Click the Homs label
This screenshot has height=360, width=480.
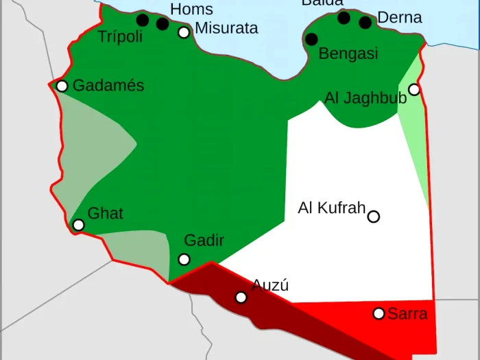[x=191, y=10]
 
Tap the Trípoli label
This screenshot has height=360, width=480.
[x=120, y=37]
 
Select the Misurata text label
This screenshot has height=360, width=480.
[x=226, y=28]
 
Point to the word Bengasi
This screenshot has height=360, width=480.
[x=348, y=53]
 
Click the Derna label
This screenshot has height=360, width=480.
[x=400, y=18]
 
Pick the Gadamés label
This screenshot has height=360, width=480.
[x=108, y=86]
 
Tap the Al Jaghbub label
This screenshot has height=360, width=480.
[x=365, y=98]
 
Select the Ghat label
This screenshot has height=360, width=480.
[x=106, y=213]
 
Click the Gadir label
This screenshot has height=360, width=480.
[x=204, y=241]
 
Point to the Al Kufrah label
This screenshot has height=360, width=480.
[x=331, y=208]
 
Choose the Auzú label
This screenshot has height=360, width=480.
[x=270, y=285]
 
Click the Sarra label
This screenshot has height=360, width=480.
[x=407, y=314]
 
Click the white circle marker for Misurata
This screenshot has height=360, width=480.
[x=184, y=32]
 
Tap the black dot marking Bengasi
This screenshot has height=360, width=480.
[x=311, y=39]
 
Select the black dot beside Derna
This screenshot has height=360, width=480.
[x=365, y=23]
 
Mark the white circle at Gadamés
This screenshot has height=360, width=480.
[x=62, y=86]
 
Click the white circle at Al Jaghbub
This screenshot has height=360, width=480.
[x=414, y=89]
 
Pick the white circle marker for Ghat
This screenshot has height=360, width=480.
[x=79, y=225]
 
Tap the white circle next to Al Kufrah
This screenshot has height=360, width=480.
[x=374, y=217]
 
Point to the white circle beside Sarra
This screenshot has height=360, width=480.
[x=379, y=313]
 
